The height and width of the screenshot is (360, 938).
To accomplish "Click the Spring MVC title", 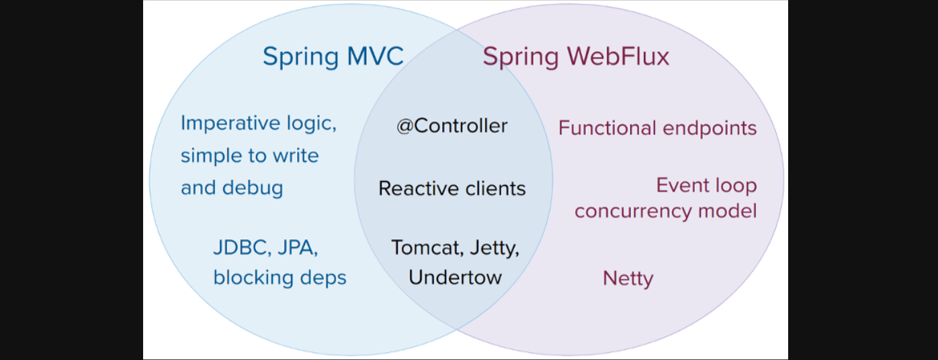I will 333,56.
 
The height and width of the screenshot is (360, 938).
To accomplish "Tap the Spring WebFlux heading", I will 576,56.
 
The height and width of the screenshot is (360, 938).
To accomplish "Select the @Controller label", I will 452,126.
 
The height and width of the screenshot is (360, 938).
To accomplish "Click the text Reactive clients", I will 452,188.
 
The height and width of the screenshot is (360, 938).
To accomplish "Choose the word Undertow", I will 455,277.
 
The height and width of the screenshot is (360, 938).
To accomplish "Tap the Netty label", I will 628,277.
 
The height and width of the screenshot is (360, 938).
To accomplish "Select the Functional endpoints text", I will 657,128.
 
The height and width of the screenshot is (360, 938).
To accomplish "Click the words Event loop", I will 706,185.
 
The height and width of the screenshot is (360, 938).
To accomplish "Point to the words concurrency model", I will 665,211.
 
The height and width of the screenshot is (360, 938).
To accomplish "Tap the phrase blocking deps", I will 280,277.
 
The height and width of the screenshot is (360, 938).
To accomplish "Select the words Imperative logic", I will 258,124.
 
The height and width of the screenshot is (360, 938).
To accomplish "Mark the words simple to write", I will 249,156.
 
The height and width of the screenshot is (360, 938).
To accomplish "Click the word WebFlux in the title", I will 615,56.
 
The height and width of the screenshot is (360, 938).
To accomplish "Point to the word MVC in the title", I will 375,56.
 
